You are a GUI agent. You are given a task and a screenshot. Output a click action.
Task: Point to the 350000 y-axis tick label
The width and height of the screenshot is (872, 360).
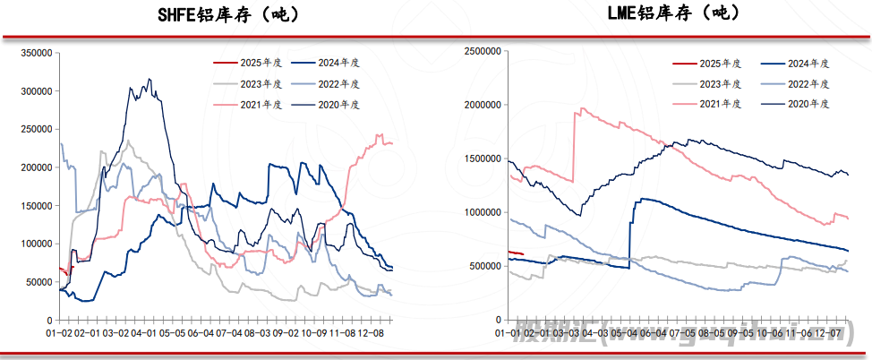[33, 54]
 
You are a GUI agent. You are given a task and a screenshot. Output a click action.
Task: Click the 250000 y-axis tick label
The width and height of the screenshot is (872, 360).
[33, 130]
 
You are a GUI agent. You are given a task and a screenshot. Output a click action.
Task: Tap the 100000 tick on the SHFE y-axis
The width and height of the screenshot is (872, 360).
[33, 244]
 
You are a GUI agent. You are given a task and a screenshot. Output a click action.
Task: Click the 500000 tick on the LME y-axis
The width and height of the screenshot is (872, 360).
[484, 266]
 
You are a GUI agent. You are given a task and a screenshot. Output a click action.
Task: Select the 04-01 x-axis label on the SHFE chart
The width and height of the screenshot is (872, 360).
[141, 333]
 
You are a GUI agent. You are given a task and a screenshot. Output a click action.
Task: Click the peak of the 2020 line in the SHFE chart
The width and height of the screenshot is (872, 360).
[149, 79]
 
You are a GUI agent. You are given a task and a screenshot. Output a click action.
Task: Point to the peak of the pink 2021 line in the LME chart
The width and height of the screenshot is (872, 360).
[583, 108]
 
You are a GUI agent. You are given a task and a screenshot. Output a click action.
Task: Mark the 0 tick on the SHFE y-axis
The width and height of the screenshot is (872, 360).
[48, 320]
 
